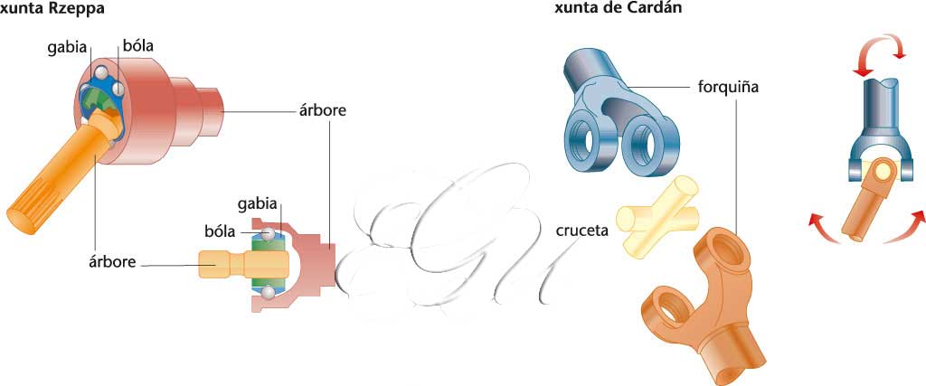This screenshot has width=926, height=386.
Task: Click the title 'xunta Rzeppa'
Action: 50,10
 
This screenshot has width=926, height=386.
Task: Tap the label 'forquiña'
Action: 728,89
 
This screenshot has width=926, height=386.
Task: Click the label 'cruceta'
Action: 580,230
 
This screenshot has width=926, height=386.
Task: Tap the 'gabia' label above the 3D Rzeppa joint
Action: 67,46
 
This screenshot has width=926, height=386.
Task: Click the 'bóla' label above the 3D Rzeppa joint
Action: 137,46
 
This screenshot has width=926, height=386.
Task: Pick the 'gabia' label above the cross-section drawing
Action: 258,202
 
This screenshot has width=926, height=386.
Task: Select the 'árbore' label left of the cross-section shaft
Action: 112,262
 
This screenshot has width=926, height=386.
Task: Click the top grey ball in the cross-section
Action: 268,235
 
